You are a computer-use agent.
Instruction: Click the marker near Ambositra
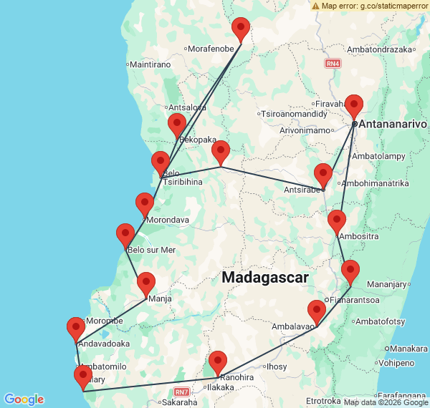337,223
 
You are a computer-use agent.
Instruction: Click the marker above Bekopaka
177,126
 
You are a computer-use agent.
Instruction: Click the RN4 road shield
333,64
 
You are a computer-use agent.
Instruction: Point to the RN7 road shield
182,392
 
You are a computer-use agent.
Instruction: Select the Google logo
23,399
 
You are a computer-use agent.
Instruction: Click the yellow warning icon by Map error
315,5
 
